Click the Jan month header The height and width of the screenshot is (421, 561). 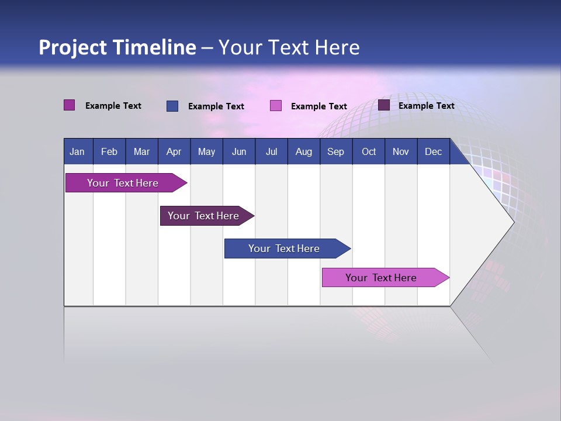pyautogui.click(x=78, y=151)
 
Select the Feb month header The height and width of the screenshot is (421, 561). pyautogui.click(x=109, y=151)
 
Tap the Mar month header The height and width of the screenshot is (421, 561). pyautogui.click(x=141, y=151)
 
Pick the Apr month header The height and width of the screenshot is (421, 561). pyautogui.click(x=174, y=151)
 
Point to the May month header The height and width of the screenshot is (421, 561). pyautogui.click(x=206, y=151)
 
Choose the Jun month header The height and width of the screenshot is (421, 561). pyautogui.click(x=239, y=151)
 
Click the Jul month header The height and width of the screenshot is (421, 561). pyautogui.click(x=271, y=151)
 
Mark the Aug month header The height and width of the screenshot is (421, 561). pyautogui.click(x=304, y=151)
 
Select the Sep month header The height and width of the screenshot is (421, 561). pyautogui.click(x=336, y=151)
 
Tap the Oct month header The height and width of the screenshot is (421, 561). pyautogui.click(x=369, y=151)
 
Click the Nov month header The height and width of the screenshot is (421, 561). pyautogui.click(x=401, y=151)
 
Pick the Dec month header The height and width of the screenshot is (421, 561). pyautogui.click(x=434, y=151)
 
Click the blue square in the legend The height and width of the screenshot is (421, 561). pyautogui.click(x=172, y=106)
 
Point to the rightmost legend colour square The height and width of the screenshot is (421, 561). pyautogui.click(x=384, y=105)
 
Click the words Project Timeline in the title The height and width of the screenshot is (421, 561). pyautogui.click(x=117, y=47)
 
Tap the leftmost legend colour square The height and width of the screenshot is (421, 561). pyautogui.click(x=70, y=105)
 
